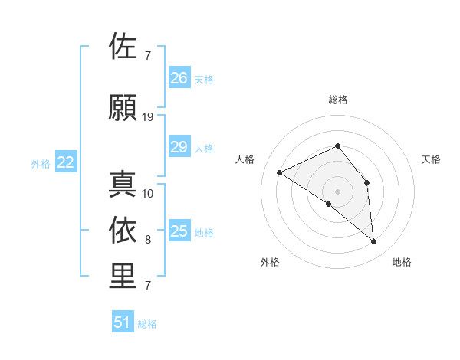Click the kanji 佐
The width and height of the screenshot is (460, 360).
click(x=123, y=47)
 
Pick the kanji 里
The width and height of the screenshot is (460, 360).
click(x=123, y=277)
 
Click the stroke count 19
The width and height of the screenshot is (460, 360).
click(x=148, y=118)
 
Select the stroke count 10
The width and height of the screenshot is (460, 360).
click(x=148, y=193)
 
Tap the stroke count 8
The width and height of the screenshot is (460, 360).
click(x=148, y=240)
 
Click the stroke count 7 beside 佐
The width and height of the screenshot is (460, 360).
click(x=148, y=56)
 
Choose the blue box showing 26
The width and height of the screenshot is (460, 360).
click(x=179, y=78)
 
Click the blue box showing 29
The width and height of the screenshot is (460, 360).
click(x=179, y=147)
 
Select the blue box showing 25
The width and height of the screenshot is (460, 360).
click(x=179, y=231)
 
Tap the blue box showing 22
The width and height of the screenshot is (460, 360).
click(x=66, y=162)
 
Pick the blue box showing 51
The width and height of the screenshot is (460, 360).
click(x=123, y=322)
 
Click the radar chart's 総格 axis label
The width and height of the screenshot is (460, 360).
click(x=337, y=100)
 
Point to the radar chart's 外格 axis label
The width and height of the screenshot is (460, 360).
click(x=270, y=263)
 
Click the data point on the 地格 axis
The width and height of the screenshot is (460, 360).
click(x=374, y=242)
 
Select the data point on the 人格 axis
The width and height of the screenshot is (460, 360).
click(x=280, y=172)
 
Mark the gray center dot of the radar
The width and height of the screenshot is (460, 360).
click(x=337, y=191)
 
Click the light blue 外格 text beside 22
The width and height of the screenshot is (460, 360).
click(x=41, y=163)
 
